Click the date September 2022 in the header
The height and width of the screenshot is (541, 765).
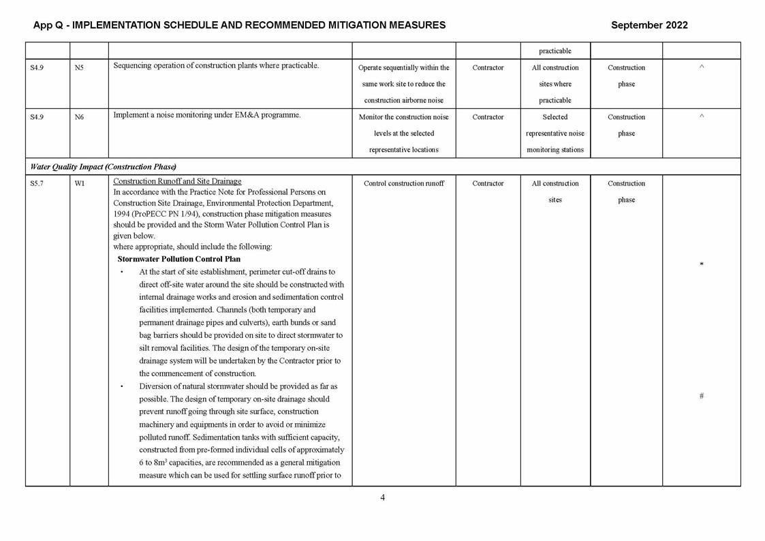click(x=649, y=25)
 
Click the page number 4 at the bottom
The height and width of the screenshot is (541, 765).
click(x=382, y=497)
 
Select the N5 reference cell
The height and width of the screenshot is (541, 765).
click(x=79, y=68)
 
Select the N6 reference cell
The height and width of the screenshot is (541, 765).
click(x=79, y=117)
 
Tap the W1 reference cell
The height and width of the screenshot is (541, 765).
click(x=80, y=184)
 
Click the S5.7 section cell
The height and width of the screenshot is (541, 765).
click(x=37, y=184)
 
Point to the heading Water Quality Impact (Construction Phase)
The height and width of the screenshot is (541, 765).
click(x=103, y=167)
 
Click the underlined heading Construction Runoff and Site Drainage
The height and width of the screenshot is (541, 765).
click(x=177, y=181)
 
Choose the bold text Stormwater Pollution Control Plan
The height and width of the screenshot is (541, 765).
click(x=178, y=260)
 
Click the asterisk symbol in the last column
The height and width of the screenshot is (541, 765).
click(x=701, y=265)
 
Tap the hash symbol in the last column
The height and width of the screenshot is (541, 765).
click(x=701, y=396)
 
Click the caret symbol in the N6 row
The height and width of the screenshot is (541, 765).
click(x=701, y=117)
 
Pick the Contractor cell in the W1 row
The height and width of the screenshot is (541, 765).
click(x=488, y=184)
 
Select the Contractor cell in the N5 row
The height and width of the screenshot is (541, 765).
click(x=488, y=68)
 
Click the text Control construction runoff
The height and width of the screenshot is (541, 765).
click(x=403, y=184)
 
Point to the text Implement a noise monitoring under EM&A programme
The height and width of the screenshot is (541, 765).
click(x=206, y=115)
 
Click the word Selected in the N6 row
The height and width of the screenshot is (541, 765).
click(x=555, y=117)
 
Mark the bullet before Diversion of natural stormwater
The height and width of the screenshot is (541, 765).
click(x=121, y=387)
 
